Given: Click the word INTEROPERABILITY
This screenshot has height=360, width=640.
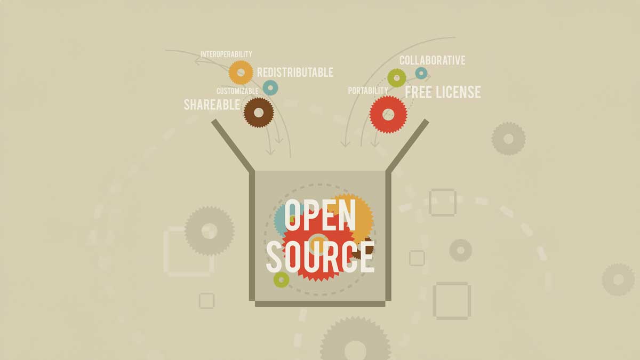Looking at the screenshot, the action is [226, 54].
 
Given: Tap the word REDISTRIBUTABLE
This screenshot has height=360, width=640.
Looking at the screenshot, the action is [295, 72].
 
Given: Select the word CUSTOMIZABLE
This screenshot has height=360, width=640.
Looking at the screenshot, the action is [237, 91].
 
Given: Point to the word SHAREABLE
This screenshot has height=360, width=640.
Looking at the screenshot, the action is [212, 105].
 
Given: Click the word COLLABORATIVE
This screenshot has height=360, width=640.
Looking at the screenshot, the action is [432, 60].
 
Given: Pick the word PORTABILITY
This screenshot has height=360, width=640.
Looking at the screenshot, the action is [368, 91].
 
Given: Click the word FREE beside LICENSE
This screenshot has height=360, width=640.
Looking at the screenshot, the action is [419, 92].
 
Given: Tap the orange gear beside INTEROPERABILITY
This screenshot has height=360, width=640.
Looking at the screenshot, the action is [241, 72].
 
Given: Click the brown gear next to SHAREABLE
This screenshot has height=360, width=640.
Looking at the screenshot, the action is [259, 112].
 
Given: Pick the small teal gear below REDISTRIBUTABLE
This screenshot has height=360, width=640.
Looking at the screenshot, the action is [270, 87].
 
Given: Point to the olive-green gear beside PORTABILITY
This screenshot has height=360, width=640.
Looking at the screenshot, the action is [396, 78].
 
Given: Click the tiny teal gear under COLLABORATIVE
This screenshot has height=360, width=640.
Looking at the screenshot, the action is [421, 73].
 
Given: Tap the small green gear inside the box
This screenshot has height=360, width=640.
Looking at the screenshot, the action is [281, 278].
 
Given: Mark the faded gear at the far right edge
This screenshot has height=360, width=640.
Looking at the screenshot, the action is [618, 279].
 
